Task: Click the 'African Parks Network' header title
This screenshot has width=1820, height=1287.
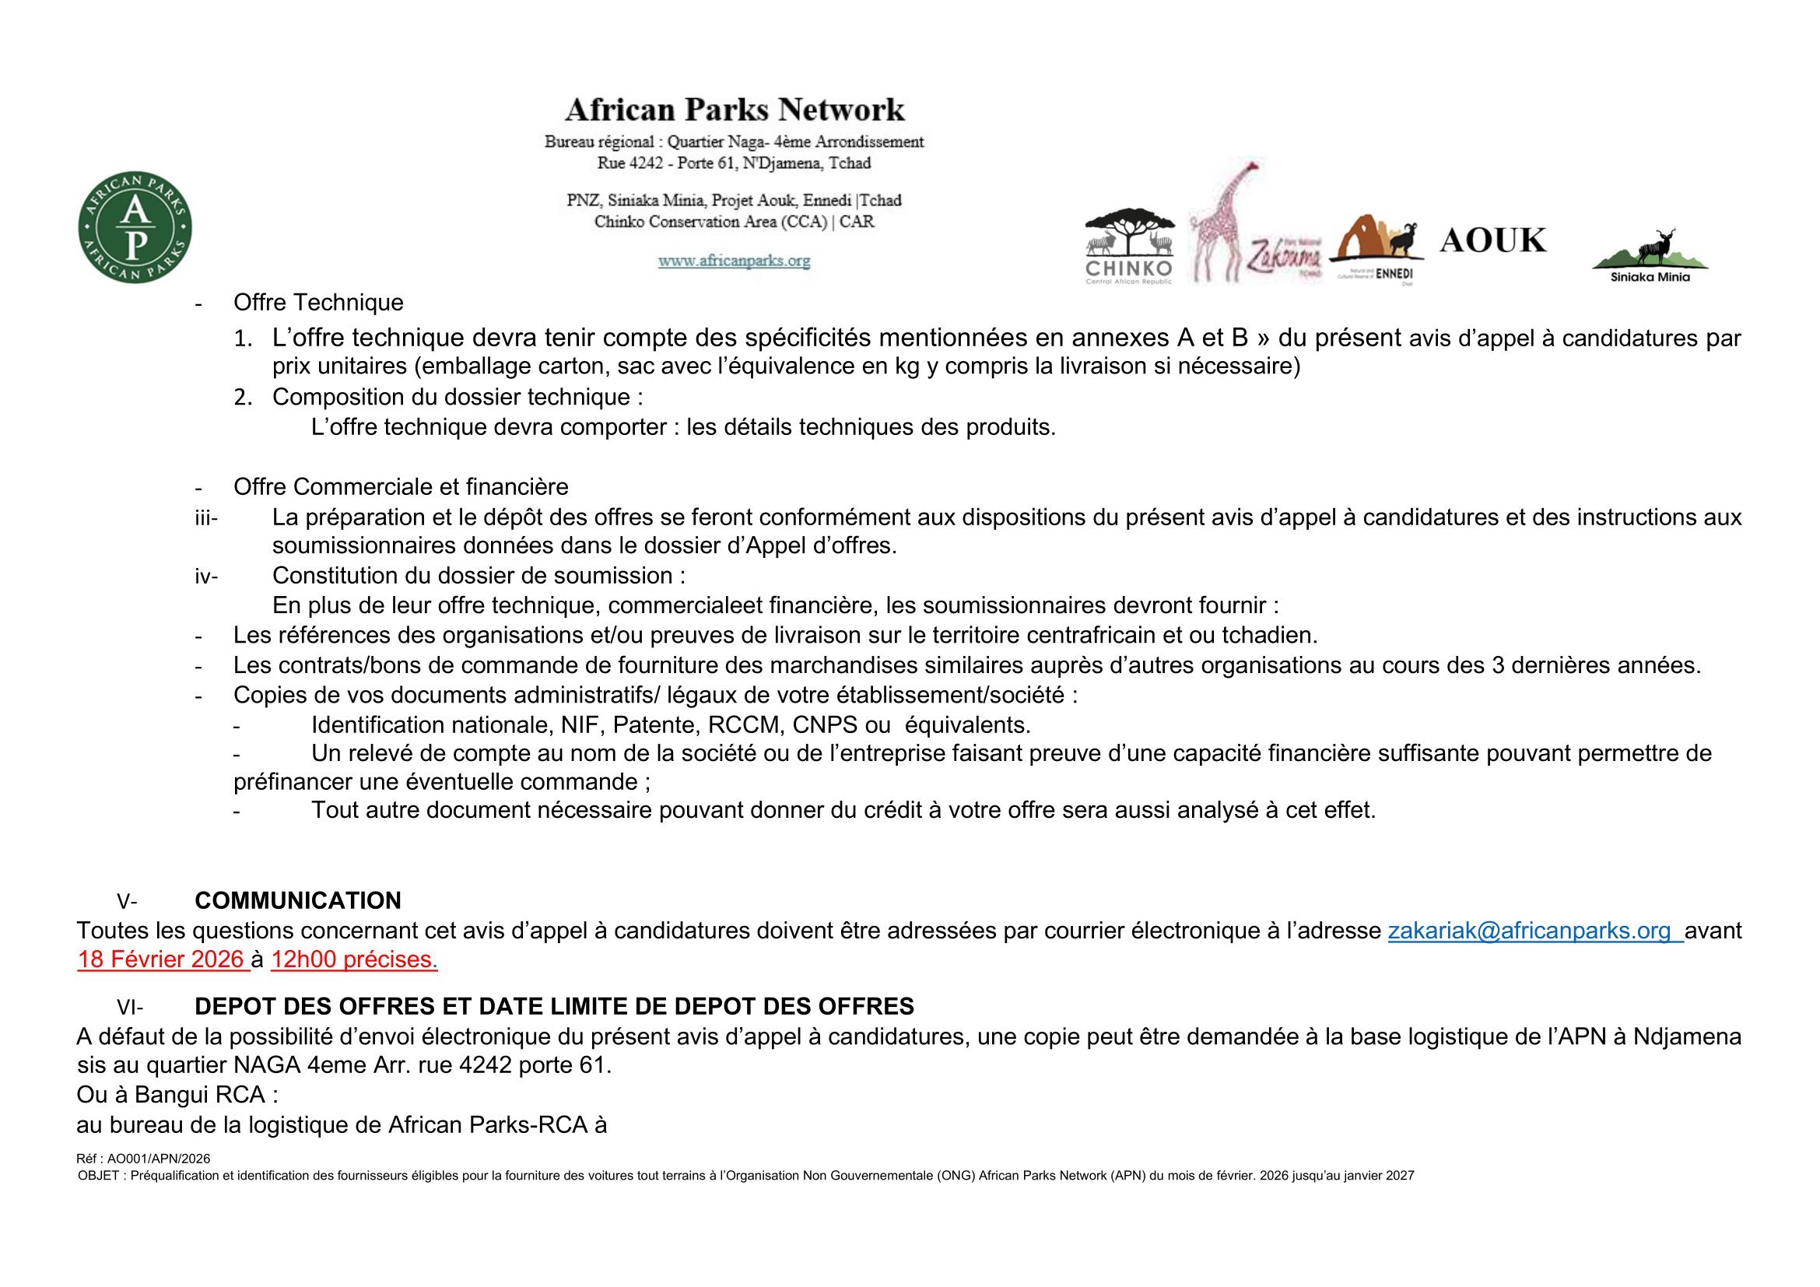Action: [734, 110]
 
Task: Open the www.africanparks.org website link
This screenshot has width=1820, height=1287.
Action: [734, 260]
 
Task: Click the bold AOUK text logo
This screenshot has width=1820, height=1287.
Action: [1492, 240]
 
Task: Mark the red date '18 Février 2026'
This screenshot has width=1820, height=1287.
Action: [161, 960]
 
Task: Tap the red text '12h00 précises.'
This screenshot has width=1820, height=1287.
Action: [353, 960]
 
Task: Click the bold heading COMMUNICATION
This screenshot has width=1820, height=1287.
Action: [298, 901]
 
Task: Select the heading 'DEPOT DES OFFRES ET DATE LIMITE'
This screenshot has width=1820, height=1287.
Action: [554, 1006]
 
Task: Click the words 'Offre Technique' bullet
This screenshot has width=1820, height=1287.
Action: [318, 302]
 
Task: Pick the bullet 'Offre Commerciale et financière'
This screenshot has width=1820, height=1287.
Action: [400, 486]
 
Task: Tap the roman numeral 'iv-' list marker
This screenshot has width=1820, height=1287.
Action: [206, 576]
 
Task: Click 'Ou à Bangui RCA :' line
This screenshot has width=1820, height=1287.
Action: [177, 1096]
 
